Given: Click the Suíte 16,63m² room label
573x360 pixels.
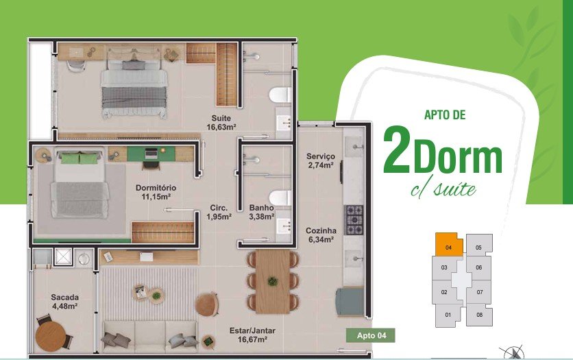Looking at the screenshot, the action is tap(221, 123).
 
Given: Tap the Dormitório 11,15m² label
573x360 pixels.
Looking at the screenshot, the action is tap(156, 192).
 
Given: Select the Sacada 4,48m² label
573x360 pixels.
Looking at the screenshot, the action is tap(64, 302).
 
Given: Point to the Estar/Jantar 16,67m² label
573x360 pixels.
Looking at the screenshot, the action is tap(252, 335).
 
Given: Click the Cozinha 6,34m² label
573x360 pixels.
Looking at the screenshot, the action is tap(321, 235).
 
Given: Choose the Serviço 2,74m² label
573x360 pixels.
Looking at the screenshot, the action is tap(321, 160).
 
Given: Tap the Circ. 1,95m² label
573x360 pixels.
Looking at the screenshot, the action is tap(219, 212).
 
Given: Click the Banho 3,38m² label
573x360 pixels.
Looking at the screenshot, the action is tap(262, 212).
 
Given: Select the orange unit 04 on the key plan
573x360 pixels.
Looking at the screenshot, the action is tap(449, 244).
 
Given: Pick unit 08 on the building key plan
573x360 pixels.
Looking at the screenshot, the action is tap(479, 315).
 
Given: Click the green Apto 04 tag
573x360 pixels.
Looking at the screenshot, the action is tap(371, 335).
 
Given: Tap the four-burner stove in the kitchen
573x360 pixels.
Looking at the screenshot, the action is tap(354, 219).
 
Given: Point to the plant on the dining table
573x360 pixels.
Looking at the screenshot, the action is tap(272, 281).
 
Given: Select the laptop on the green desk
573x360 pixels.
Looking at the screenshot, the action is tap(151, 153).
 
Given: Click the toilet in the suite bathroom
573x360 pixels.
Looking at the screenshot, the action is tap(280, 95).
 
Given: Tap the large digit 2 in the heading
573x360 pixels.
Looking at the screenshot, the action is tap(397, 149).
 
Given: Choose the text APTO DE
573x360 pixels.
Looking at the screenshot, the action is tap(445, 115).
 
